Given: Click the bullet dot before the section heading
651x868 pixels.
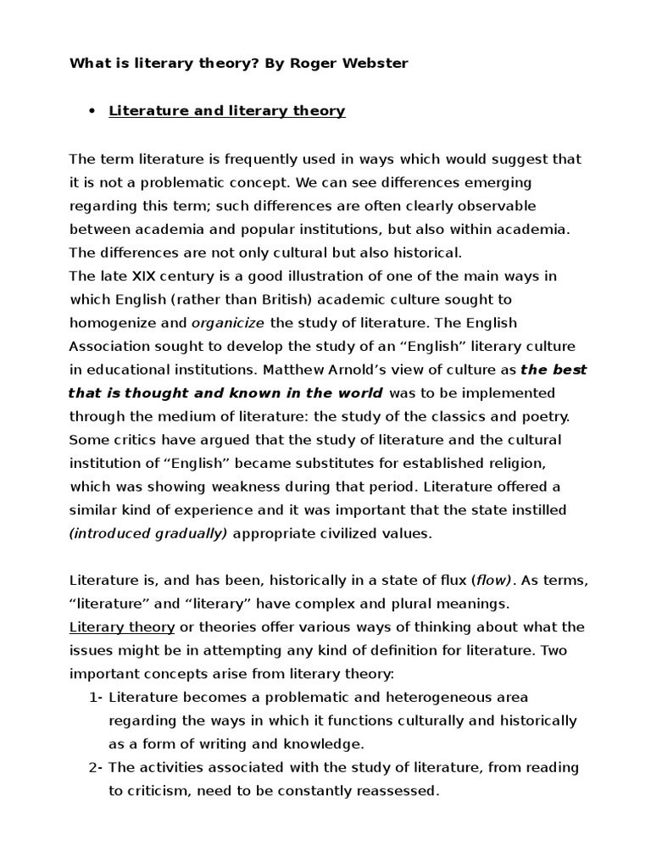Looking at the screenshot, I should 90,111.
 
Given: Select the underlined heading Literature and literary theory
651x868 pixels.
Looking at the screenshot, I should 226,111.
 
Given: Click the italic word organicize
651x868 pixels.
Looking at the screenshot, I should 228,323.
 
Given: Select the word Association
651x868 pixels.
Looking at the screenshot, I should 109,346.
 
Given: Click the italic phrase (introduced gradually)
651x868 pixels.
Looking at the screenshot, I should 148,533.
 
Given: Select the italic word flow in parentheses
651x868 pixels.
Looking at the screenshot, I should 492,580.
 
